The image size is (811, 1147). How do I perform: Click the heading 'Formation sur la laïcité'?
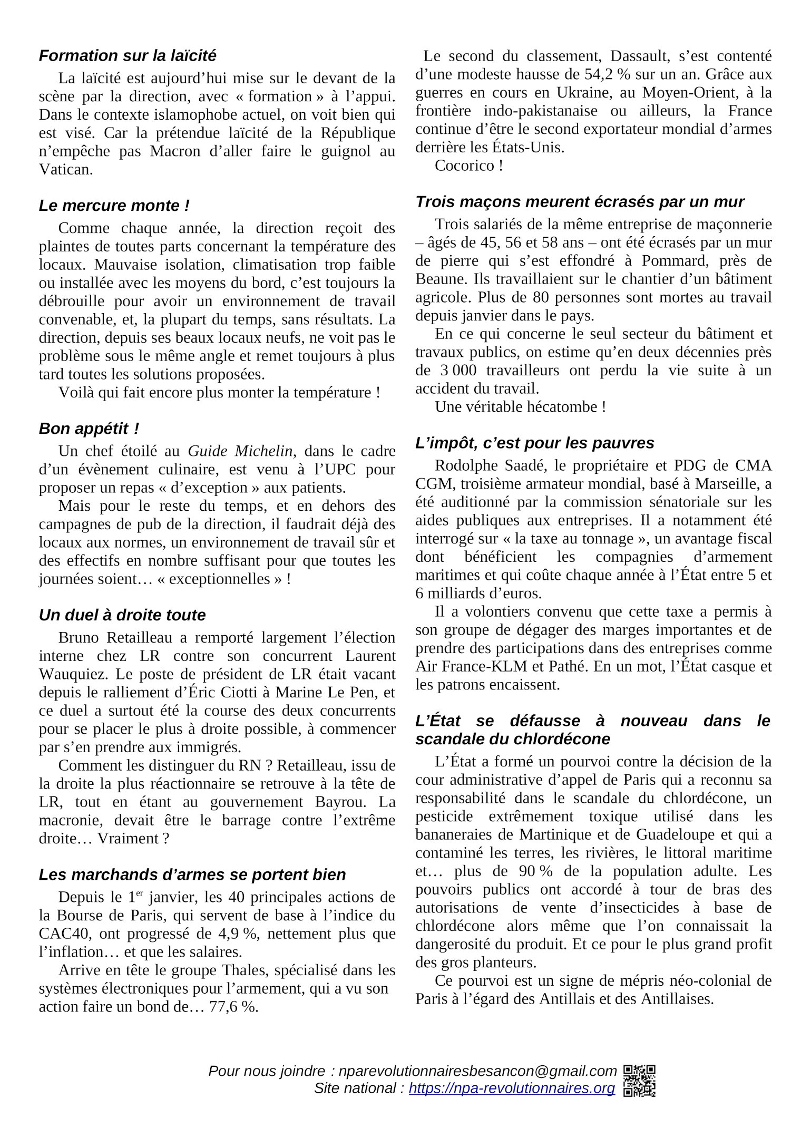[128, 56]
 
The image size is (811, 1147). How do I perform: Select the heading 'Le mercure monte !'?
[114, 206]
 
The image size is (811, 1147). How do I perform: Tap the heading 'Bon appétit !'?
[89, 429]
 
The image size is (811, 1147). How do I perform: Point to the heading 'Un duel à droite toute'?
[122, 615]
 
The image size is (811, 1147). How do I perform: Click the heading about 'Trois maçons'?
[579, 202]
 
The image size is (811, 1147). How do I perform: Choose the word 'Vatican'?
[65, 170]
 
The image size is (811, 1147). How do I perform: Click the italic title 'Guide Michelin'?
[240, 451]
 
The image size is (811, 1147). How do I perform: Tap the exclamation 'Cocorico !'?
[468, 166]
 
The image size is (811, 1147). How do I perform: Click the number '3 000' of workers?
[457, 371]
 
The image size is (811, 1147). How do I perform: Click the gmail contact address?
[477, 1071]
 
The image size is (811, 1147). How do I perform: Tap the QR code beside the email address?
[639, 1071]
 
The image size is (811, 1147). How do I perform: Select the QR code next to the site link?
[639, 1088]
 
